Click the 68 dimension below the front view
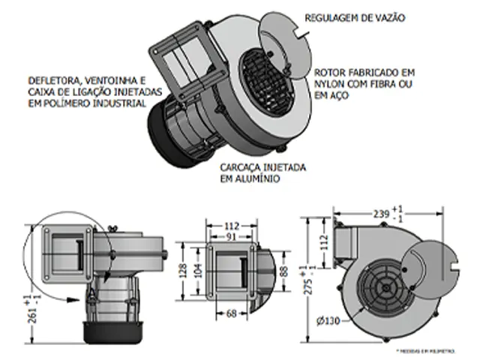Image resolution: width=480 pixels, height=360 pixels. (231, 313)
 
